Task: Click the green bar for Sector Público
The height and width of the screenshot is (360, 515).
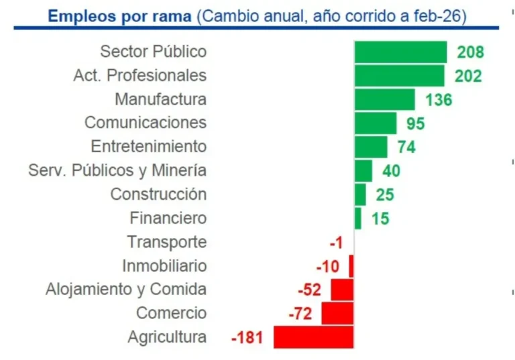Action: coord(400,52)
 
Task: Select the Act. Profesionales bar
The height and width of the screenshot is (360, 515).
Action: coord(399,76)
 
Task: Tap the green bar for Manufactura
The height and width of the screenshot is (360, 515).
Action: coord(385,99)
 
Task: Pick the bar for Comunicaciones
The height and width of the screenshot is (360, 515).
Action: coord(376,123)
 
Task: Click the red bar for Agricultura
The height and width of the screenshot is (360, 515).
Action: coord(313,337)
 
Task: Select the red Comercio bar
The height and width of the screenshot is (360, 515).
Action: coord(337,313)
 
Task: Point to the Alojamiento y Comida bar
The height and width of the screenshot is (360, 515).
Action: coord(342,290)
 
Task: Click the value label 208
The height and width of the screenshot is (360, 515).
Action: coord(470,52)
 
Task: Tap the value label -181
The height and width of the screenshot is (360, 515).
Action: coord(249,337)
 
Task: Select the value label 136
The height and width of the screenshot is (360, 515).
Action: coord(439,100)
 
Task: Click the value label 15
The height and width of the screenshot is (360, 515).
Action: coord(380,219)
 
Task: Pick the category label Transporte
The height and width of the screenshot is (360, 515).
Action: coord(167,242)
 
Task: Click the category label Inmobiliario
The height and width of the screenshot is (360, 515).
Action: coord(164,265)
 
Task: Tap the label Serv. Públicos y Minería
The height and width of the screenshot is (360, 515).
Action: coord(117,170)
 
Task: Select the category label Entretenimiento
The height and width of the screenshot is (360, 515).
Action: coord(149,146)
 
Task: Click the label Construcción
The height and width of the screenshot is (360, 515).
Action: coord(158,194)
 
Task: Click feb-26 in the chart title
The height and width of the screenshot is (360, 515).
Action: coord(439,15)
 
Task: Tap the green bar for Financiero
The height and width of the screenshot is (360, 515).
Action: coord(358,219)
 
